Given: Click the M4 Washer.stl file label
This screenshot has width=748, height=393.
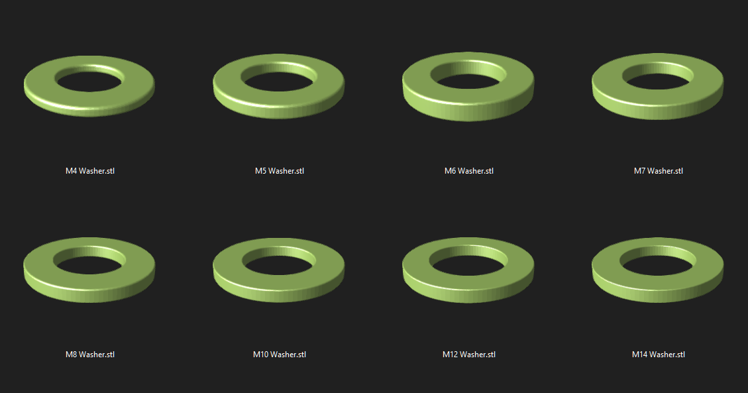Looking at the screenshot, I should (89, 171).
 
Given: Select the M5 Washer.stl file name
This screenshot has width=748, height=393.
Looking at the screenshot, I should (279, 171).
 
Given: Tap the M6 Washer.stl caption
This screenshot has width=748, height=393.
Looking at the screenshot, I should (468, 171).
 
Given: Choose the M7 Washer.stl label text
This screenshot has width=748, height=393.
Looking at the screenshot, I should (658, 171).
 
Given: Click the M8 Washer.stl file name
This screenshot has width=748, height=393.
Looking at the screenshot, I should (89, 355).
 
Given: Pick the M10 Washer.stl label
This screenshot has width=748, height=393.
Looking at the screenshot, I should (279, 355).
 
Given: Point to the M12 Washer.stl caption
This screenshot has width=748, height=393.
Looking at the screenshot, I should (468, 355).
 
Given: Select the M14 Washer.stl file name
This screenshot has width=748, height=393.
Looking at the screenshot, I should (658, 355).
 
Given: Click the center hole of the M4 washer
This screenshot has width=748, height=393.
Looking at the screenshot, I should (89, 79).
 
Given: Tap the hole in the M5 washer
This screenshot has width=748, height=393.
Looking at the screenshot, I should (278, 78).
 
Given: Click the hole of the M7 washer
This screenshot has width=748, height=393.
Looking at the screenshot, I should (657, 78).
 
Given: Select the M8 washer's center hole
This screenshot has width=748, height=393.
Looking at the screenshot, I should (89, 262).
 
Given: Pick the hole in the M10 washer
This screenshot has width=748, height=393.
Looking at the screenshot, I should (278, 262).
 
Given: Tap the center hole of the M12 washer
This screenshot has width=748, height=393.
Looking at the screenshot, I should (468, 261).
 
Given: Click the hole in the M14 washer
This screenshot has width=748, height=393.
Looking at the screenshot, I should (657, 262).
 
